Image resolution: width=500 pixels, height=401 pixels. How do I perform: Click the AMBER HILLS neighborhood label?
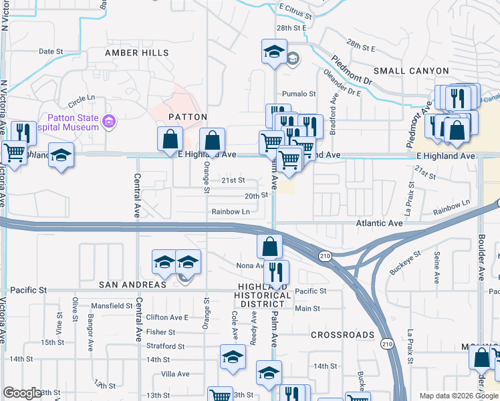pos(132,53)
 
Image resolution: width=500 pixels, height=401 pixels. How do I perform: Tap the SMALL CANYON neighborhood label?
pos(411,71)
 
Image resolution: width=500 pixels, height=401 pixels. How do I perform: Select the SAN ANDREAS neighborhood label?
pos(132,285)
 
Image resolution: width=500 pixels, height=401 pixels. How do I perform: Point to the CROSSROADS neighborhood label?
pos(342,335)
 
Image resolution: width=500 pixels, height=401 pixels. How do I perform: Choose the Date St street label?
pos(50,51)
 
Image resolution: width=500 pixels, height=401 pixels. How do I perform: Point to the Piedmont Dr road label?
pos(351,70)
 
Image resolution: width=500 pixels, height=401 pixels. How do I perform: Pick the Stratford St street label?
pos(165,346)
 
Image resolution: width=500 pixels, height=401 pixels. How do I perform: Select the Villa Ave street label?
pos(176,374)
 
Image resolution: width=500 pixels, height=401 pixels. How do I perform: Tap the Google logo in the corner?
pos(22,394)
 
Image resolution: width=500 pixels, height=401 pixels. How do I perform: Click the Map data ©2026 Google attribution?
pos(459,396)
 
